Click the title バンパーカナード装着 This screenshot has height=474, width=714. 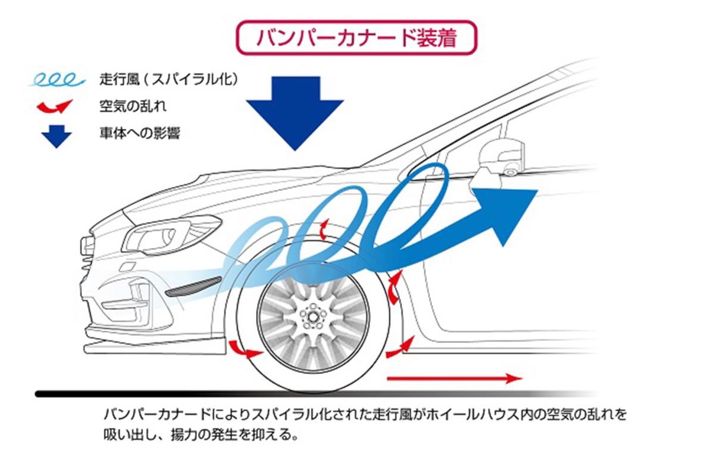pos(356,38)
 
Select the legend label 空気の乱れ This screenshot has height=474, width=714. pos(133,106)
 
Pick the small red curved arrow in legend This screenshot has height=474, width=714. pos(55,107)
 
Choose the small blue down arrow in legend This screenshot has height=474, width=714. pos(57,136)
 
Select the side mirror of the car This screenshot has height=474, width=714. pos(502,156)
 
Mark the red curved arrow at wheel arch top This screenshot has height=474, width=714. pos(324,228)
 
